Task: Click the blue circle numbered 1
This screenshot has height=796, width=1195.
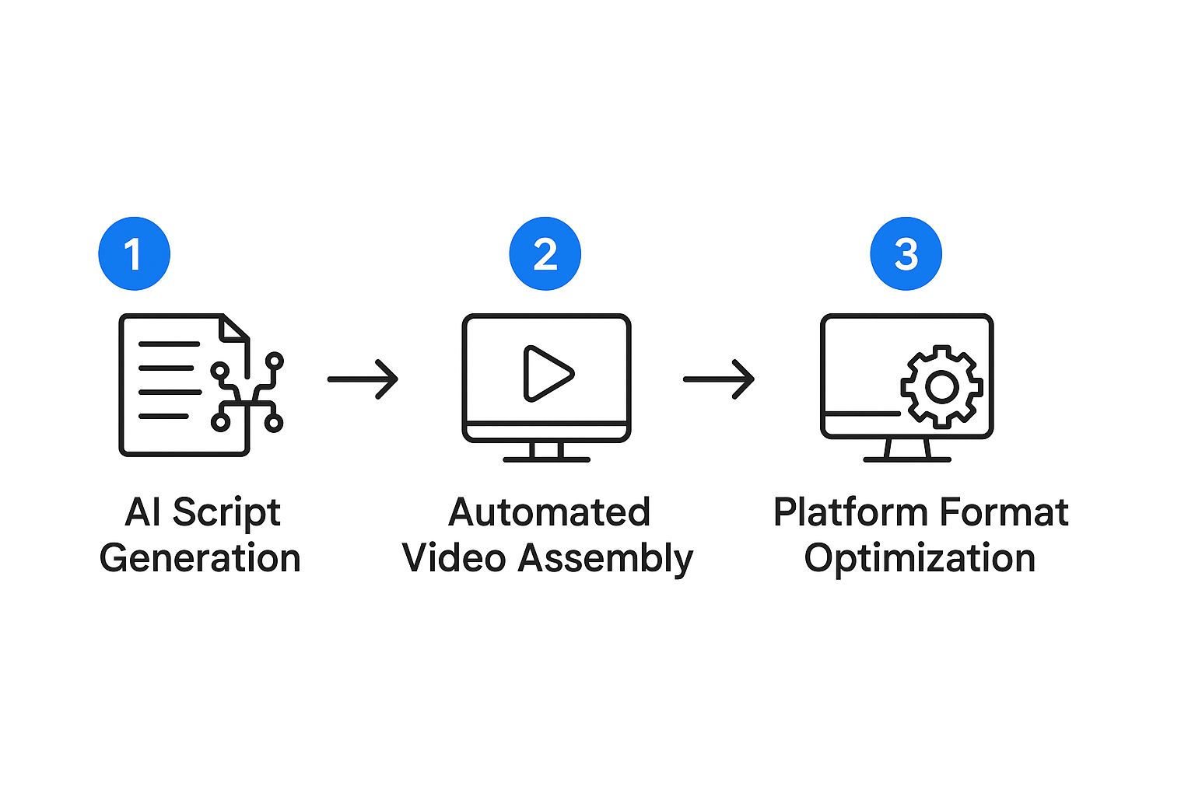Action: point(134,253)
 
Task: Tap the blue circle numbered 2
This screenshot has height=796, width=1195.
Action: point(545,253)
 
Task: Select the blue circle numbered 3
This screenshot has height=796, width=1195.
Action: point(906,253)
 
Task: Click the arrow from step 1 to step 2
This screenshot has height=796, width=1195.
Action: point(363,379)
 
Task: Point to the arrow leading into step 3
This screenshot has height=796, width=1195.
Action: point(719,379)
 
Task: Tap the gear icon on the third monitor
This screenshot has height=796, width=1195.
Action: point(941,386)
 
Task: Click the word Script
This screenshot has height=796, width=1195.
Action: point(226,513)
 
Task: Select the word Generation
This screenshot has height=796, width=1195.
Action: point(200,558)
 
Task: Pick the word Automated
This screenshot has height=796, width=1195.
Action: point(549,513)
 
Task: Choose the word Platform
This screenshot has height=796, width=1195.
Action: point(850,513)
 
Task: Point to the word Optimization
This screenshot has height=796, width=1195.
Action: point(920,558)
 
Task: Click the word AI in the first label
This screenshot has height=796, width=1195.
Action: point(143,513)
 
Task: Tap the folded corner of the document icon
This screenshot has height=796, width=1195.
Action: point(234,328)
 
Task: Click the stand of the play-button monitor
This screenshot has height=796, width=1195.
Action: point(546,452)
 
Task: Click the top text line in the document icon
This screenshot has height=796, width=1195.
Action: point(169,344)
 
